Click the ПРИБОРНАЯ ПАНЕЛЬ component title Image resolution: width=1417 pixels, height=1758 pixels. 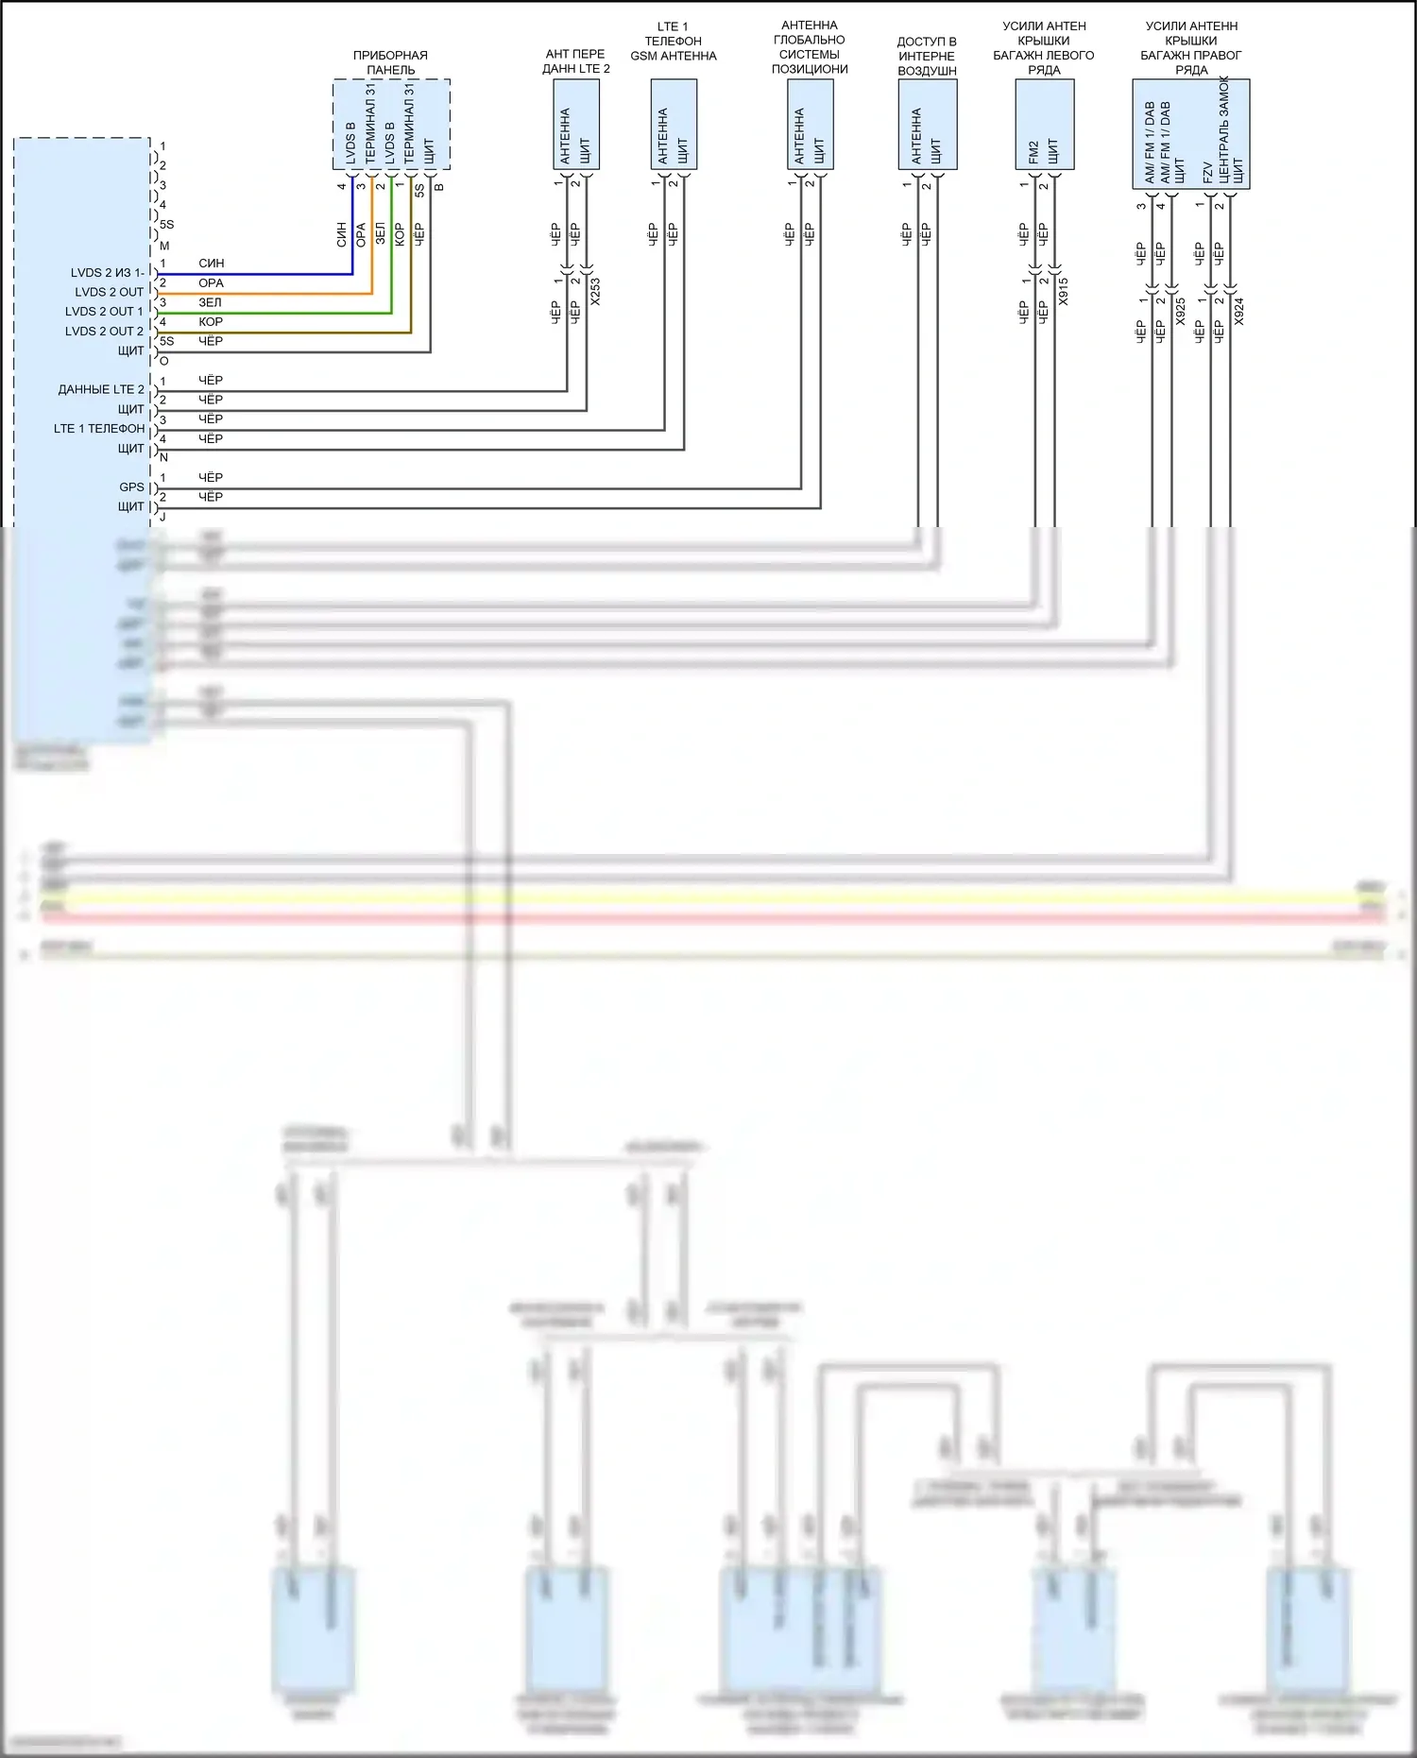coord(390,62)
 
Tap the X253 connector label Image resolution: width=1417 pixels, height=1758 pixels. coord(595,291)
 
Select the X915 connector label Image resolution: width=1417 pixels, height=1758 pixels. coord(1064,291)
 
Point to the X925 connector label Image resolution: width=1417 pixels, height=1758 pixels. coord(1181,312)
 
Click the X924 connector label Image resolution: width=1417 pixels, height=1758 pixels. coord(1239,312)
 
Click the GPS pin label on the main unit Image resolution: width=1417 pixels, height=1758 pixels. coord(131,487)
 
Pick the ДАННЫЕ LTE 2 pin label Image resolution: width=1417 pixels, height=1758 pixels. coord(101,389)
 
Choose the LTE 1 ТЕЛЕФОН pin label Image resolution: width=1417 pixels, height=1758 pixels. coord(99,429)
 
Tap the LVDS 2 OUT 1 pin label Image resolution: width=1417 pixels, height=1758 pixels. coord(104,312)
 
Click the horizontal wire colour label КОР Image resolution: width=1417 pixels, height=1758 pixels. coord(211,322)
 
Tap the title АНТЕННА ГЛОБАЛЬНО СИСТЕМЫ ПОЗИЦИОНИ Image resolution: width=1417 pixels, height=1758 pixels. coord(810,47)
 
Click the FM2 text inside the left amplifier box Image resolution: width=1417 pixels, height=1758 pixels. coord(1033,152)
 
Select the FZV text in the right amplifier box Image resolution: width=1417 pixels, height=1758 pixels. coord(1208,172)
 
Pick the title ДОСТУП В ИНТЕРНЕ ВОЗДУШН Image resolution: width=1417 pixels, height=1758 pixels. coord(927,56)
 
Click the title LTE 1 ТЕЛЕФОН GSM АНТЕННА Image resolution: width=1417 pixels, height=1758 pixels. coord(674,42)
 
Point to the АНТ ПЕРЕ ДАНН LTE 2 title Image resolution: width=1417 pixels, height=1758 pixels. coord(576,61)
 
